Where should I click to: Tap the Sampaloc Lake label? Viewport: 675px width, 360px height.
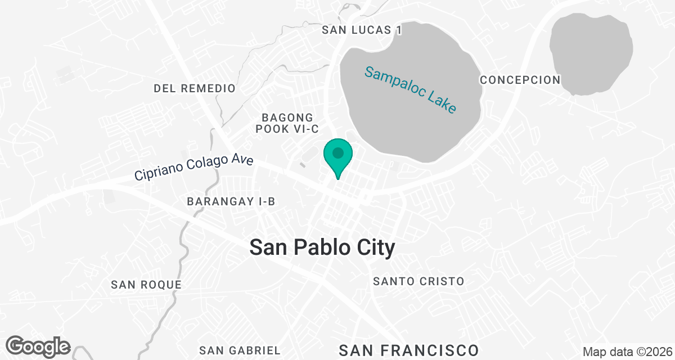point(409,89)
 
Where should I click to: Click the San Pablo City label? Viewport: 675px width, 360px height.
point(322,247)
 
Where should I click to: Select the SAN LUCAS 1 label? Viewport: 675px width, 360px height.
point(362,30)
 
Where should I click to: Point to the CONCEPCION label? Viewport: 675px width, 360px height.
point(520,80)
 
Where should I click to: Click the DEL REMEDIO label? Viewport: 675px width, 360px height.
point(195,88)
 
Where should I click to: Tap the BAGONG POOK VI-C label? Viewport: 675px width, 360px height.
point(287,123)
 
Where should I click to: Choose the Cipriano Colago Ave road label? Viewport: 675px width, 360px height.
point(194,168)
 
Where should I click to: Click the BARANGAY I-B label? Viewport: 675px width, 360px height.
point(231,201)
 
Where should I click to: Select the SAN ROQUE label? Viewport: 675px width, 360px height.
point(146,285)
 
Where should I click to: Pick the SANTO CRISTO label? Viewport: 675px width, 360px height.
point(419,281)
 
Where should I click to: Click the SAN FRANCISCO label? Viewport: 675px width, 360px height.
point(409,350)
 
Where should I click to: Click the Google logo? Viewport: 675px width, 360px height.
point(38,346)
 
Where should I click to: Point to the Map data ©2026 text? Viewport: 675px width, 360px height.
point(627,352)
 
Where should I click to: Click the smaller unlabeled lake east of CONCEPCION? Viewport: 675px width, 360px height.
point(591,53)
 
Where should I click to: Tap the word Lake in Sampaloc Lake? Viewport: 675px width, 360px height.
point(442,101)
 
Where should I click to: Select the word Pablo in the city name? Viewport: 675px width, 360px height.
point(328,247)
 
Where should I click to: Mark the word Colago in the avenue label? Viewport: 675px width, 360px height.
point(200,167)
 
